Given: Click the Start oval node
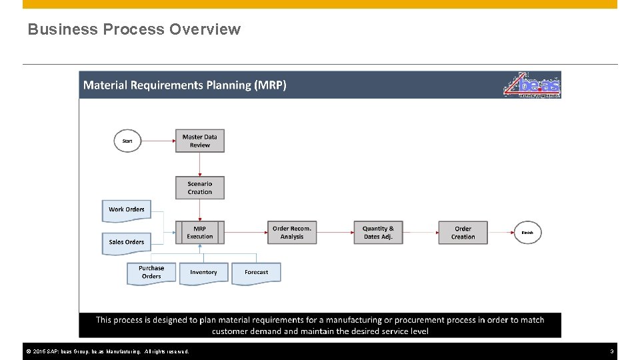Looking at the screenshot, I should pos(127,141).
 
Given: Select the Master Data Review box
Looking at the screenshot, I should pos(200,141).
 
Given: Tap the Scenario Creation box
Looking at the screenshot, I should pos(200,188).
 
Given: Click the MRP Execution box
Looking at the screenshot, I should pos(200,233).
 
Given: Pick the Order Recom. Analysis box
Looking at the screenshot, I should pos(292,233).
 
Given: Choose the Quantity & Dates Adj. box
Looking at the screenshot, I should pos(378,233).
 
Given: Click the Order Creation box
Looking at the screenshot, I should pos(463,233).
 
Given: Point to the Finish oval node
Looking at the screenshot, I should pos(527,233).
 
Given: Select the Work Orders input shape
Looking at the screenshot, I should pos(127,210).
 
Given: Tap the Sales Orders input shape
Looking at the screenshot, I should pos(127,242).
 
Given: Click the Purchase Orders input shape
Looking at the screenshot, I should pos(151,273).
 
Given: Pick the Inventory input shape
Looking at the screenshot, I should pos(203,273).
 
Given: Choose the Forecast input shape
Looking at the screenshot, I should pos(256,273).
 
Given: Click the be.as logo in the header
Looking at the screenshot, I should pos(532,85).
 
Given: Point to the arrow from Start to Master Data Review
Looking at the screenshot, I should pos(158,141).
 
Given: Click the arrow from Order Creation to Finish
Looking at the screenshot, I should pos(501,233).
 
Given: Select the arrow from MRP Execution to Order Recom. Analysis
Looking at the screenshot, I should pos(246,233).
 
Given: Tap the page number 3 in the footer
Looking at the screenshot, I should pos(611,351).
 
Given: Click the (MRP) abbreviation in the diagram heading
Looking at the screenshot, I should pos(271,85).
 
